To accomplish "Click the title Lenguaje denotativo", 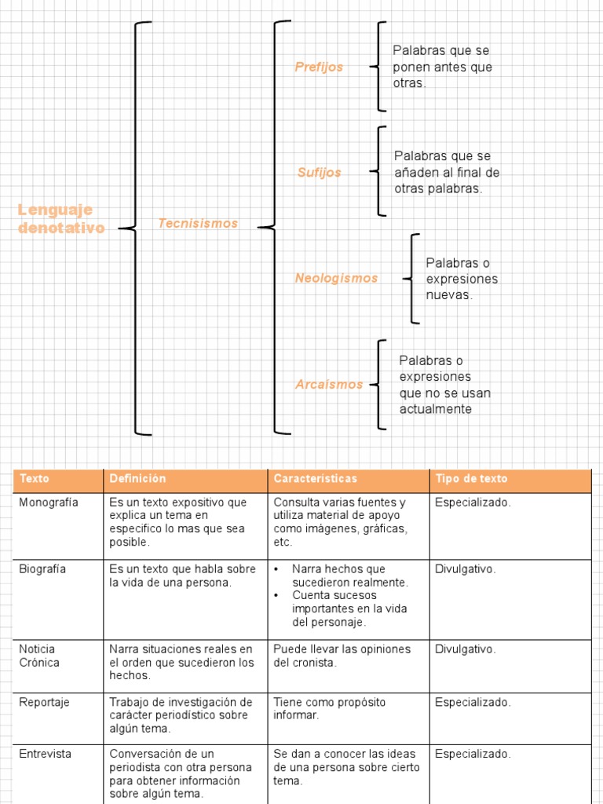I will coord(61,219).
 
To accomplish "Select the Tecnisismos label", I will coord(197,224).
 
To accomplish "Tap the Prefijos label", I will coord(319,68).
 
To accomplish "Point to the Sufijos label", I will coord(319,173).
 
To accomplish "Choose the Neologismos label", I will coord(336,279).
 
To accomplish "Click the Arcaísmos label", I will coord(329,385).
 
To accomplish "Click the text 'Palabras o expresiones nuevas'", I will coord(462,279).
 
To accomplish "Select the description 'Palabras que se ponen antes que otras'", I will coord(442,68).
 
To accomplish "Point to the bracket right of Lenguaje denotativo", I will coord(137,228).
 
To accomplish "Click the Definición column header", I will coord(138,479).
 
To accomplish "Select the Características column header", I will coord(315,479).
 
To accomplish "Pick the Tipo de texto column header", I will coord(471,479).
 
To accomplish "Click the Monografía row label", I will coord(49,503).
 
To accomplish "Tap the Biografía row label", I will coord(43,569).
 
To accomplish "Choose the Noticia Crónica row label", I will coord(40,656).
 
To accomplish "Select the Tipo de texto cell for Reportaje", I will coord(473,703).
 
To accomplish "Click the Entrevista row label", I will coord(46,755).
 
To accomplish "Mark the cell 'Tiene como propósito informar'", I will coord(330,709).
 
